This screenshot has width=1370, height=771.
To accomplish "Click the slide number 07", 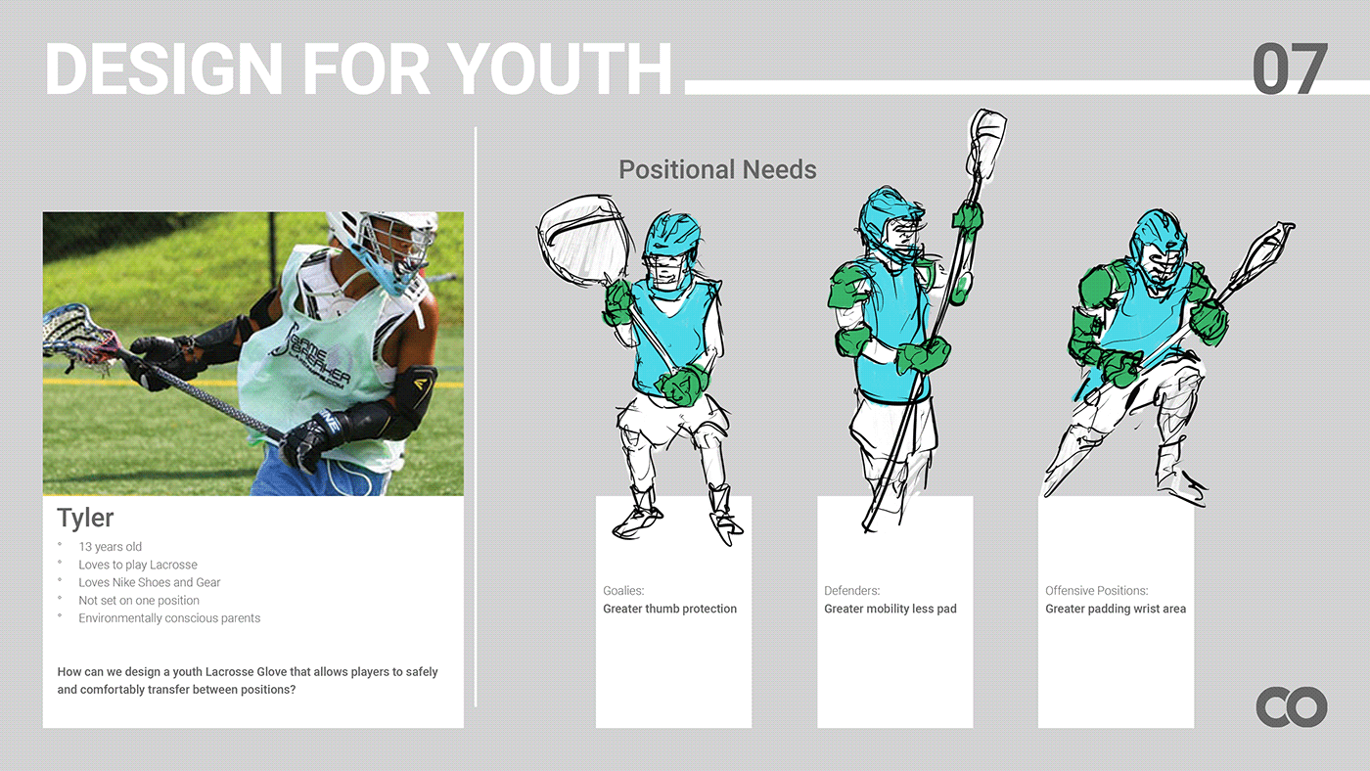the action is (1290, 68).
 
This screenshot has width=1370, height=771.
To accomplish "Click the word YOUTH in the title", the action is (559, 68).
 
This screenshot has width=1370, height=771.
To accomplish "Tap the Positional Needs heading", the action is (717, 170).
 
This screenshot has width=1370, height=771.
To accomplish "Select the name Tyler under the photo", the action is (85, 518).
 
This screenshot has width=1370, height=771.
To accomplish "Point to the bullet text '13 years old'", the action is (110, 547).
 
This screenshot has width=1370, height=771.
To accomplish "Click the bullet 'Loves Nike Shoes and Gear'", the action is (149, 582).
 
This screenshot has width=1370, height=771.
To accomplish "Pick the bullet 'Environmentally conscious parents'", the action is (169, 618).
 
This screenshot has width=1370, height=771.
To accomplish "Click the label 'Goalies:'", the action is (623, 591).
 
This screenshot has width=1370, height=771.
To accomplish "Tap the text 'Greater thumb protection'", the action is (669, 609).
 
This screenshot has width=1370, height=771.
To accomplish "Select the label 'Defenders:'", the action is (851, 591).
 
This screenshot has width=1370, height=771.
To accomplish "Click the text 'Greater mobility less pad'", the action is (890, 609).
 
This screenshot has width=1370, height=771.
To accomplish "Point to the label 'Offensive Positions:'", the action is (1097, 591).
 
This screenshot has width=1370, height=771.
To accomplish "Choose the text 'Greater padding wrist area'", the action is (1116, 609).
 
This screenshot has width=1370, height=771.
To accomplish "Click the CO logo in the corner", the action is (1292, 706).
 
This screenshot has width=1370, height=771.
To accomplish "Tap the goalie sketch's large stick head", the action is (583, 240).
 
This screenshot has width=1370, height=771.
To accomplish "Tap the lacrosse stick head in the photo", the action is (76, 338).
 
